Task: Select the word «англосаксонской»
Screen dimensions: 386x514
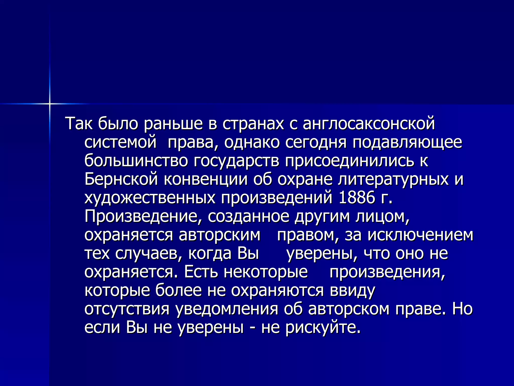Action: coord(369,124)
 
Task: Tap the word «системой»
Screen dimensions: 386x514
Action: coord(120,142)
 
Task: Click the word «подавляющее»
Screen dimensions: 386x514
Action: coord(407,142)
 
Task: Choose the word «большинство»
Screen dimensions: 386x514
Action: coord(136,161)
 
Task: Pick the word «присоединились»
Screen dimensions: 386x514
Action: coord(349,161)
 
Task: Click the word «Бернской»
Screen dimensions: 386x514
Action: coord(121,179)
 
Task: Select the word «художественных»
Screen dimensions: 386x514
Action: coord(150,198)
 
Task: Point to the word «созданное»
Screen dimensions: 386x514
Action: coord(248,217)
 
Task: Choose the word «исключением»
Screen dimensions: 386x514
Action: coord(420,235)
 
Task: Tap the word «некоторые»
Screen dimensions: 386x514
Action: coord(266,272)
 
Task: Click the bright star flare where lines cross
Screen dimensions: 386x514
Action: coord(50,104)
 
